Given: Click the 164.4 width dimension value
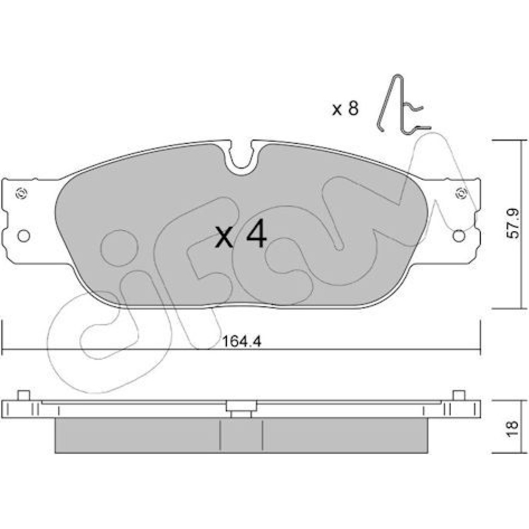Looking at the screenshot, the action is tap(242, 342).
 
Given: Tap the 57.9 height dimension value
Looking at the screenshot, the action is tap(513, 224).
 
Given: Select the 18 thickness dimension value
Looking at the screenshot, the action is tap(512, 429).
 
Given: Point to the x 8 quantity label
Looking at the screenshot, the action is tap(345, 108).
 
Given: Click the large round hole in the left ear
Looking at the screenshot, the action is tap(24, 236).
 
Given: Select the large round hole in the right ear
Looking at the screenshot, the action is tap(459, 236).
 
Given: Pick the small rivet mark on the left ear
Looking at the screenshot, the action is tap(22, 194).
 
